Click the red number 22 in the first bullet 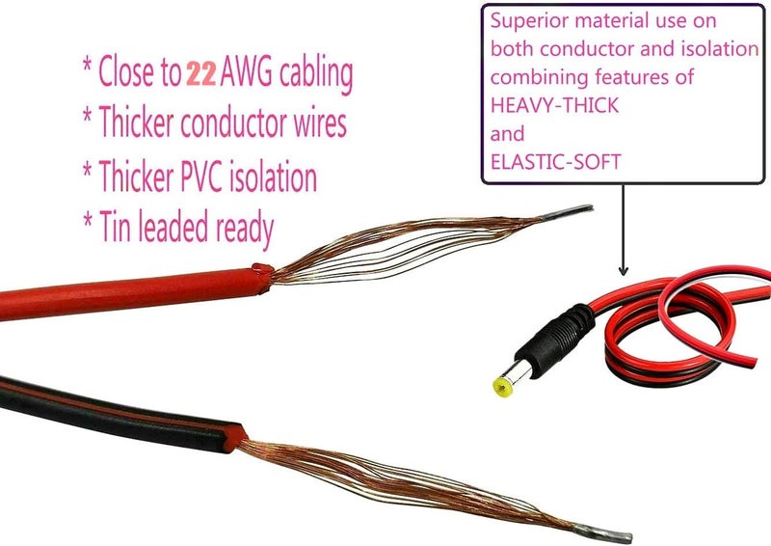(x=201, y=74)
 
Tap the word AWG (x=246, y=72)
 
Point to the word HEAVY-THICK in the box (x=555, y=105)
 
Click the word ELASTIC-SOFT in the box (x=556, y=162)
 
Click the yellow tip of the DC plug (x=502, y=387)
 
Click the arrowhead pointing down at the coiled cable (x=624, y=270)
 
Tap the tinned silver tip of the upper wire (x=567, y=212)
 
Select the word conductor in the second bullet (x=233, y=123)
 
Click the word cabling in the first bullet (x=316, y=74)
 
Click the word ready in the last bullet (x=245, y=229)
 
